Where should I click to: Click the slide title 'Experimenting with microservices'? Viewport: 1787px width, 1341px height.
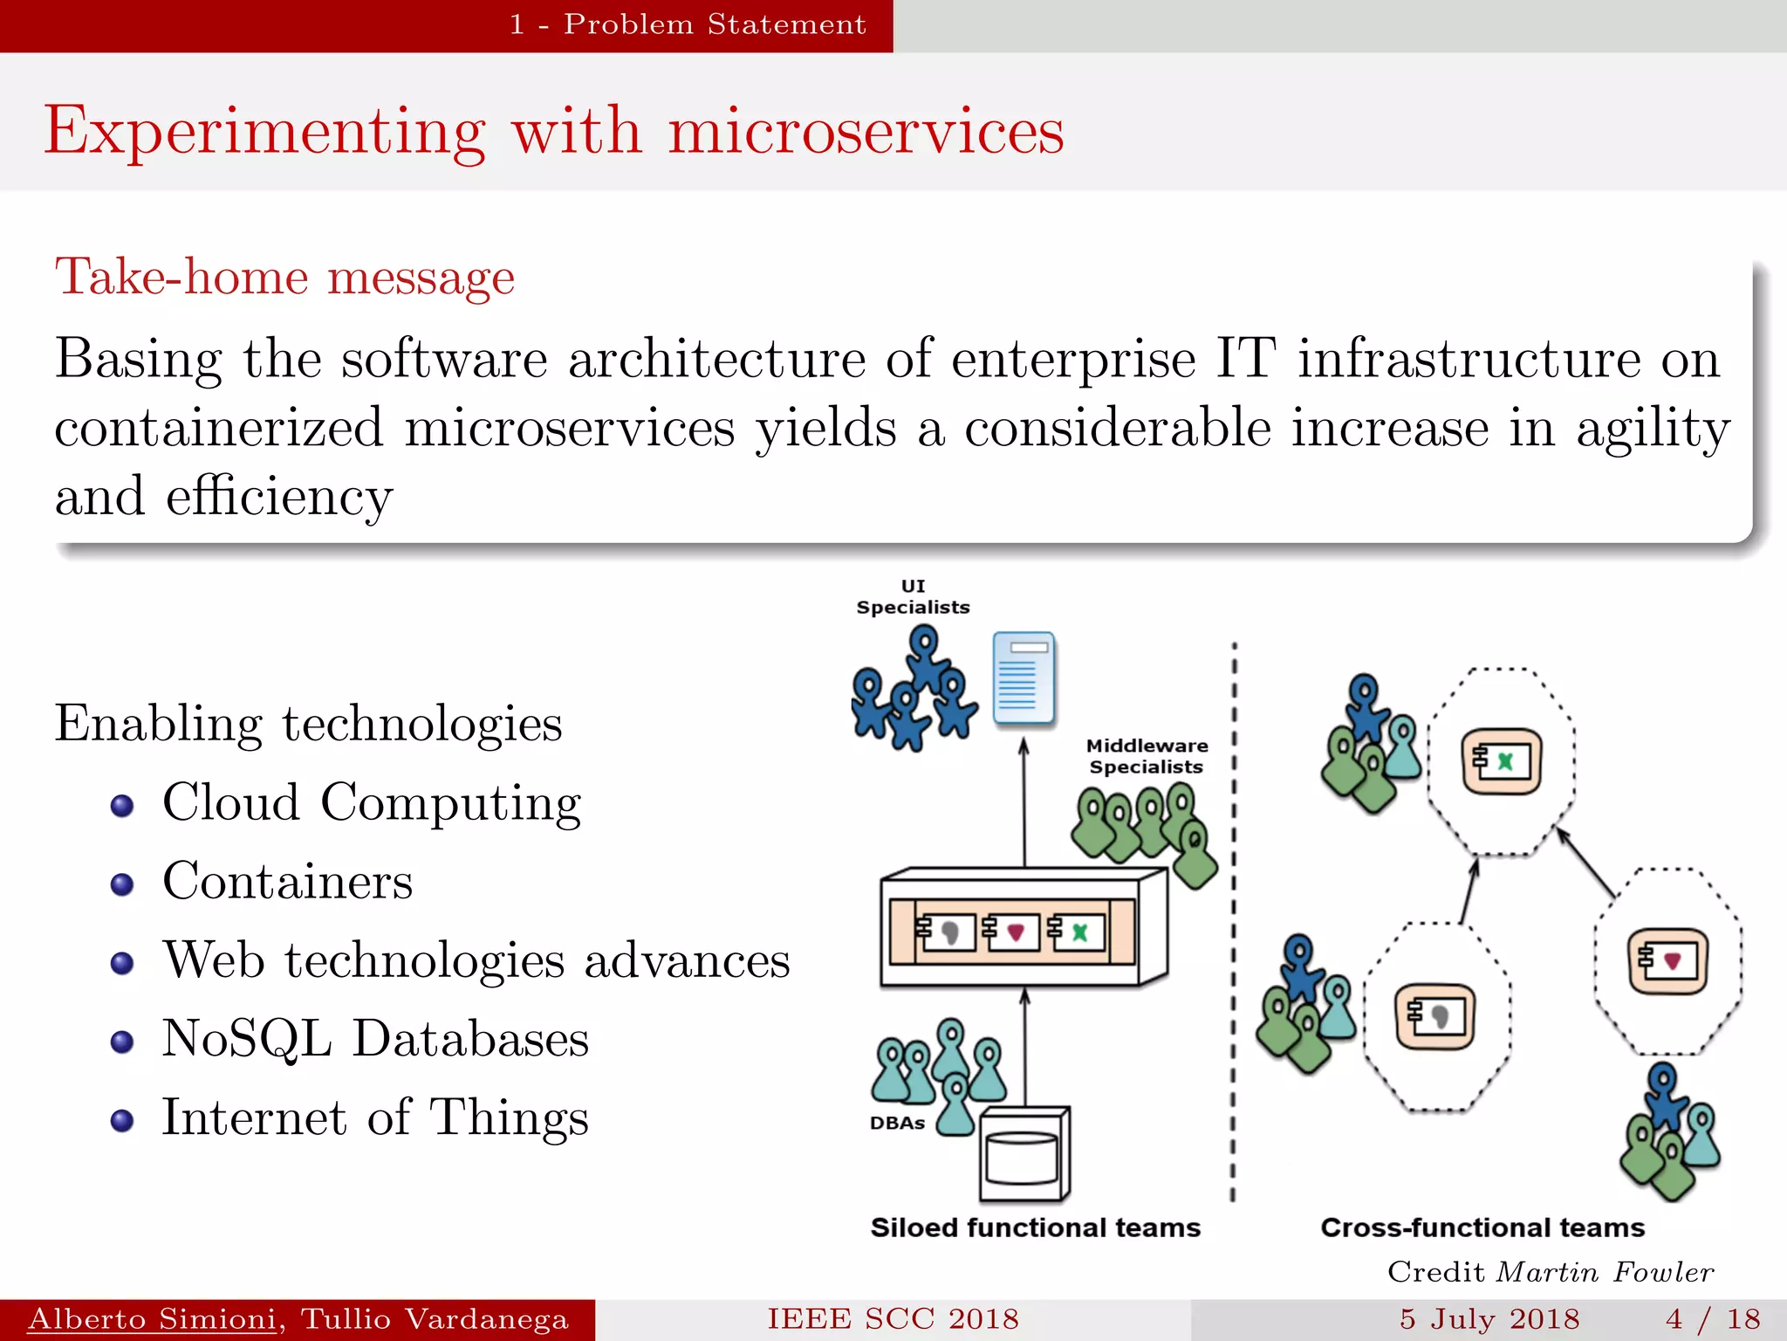point(553,131)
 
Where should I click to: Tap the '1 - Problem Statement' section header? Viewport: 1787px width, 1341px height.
point(688,24)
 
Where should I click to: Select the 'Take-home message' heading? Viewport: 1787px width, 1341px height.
point(284,278)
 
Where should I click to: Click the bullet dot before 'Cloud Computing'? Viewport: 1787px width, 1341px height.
point(122,805)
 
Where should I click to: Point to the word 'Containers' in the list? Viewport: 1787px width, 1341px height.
point(287,881)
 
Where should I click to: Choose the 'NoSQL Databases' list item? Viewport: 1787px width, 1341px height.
point(375,1039)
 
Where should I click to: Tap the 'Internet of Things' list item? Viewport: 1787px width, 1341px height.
point(375,1117)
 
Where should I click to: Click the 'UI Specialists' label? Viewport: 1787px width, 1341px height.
point(913,597)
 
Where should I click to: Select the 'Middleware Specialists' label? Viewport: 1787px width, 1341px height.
point(1147,756)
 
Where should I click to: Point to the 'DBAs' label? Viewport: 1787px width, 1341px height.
point(897,1124)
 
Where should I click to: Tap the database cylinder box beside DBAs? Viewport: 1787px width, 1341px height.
point(1024,1155)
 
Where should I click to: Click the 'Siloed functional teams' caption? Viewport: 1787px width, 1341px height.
point(1035,1228)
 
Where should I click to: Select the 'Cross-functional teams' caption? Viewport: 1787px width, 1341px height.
point(1482,1228)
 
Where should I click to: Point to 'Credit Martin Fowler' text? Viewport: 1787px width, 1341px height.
point(1551,1272)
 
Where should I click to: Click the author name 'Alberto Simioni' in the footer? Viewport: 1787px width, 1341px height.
point(152,1319)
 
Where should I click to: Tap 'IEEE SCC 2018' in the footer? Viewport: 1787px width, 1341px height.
point(893,1319)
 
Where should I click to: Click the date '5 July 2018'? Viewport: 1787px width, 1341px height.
point(1489,1319)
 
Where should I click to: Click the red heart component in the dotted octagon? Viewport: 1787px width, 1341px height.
point(1667,961)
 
